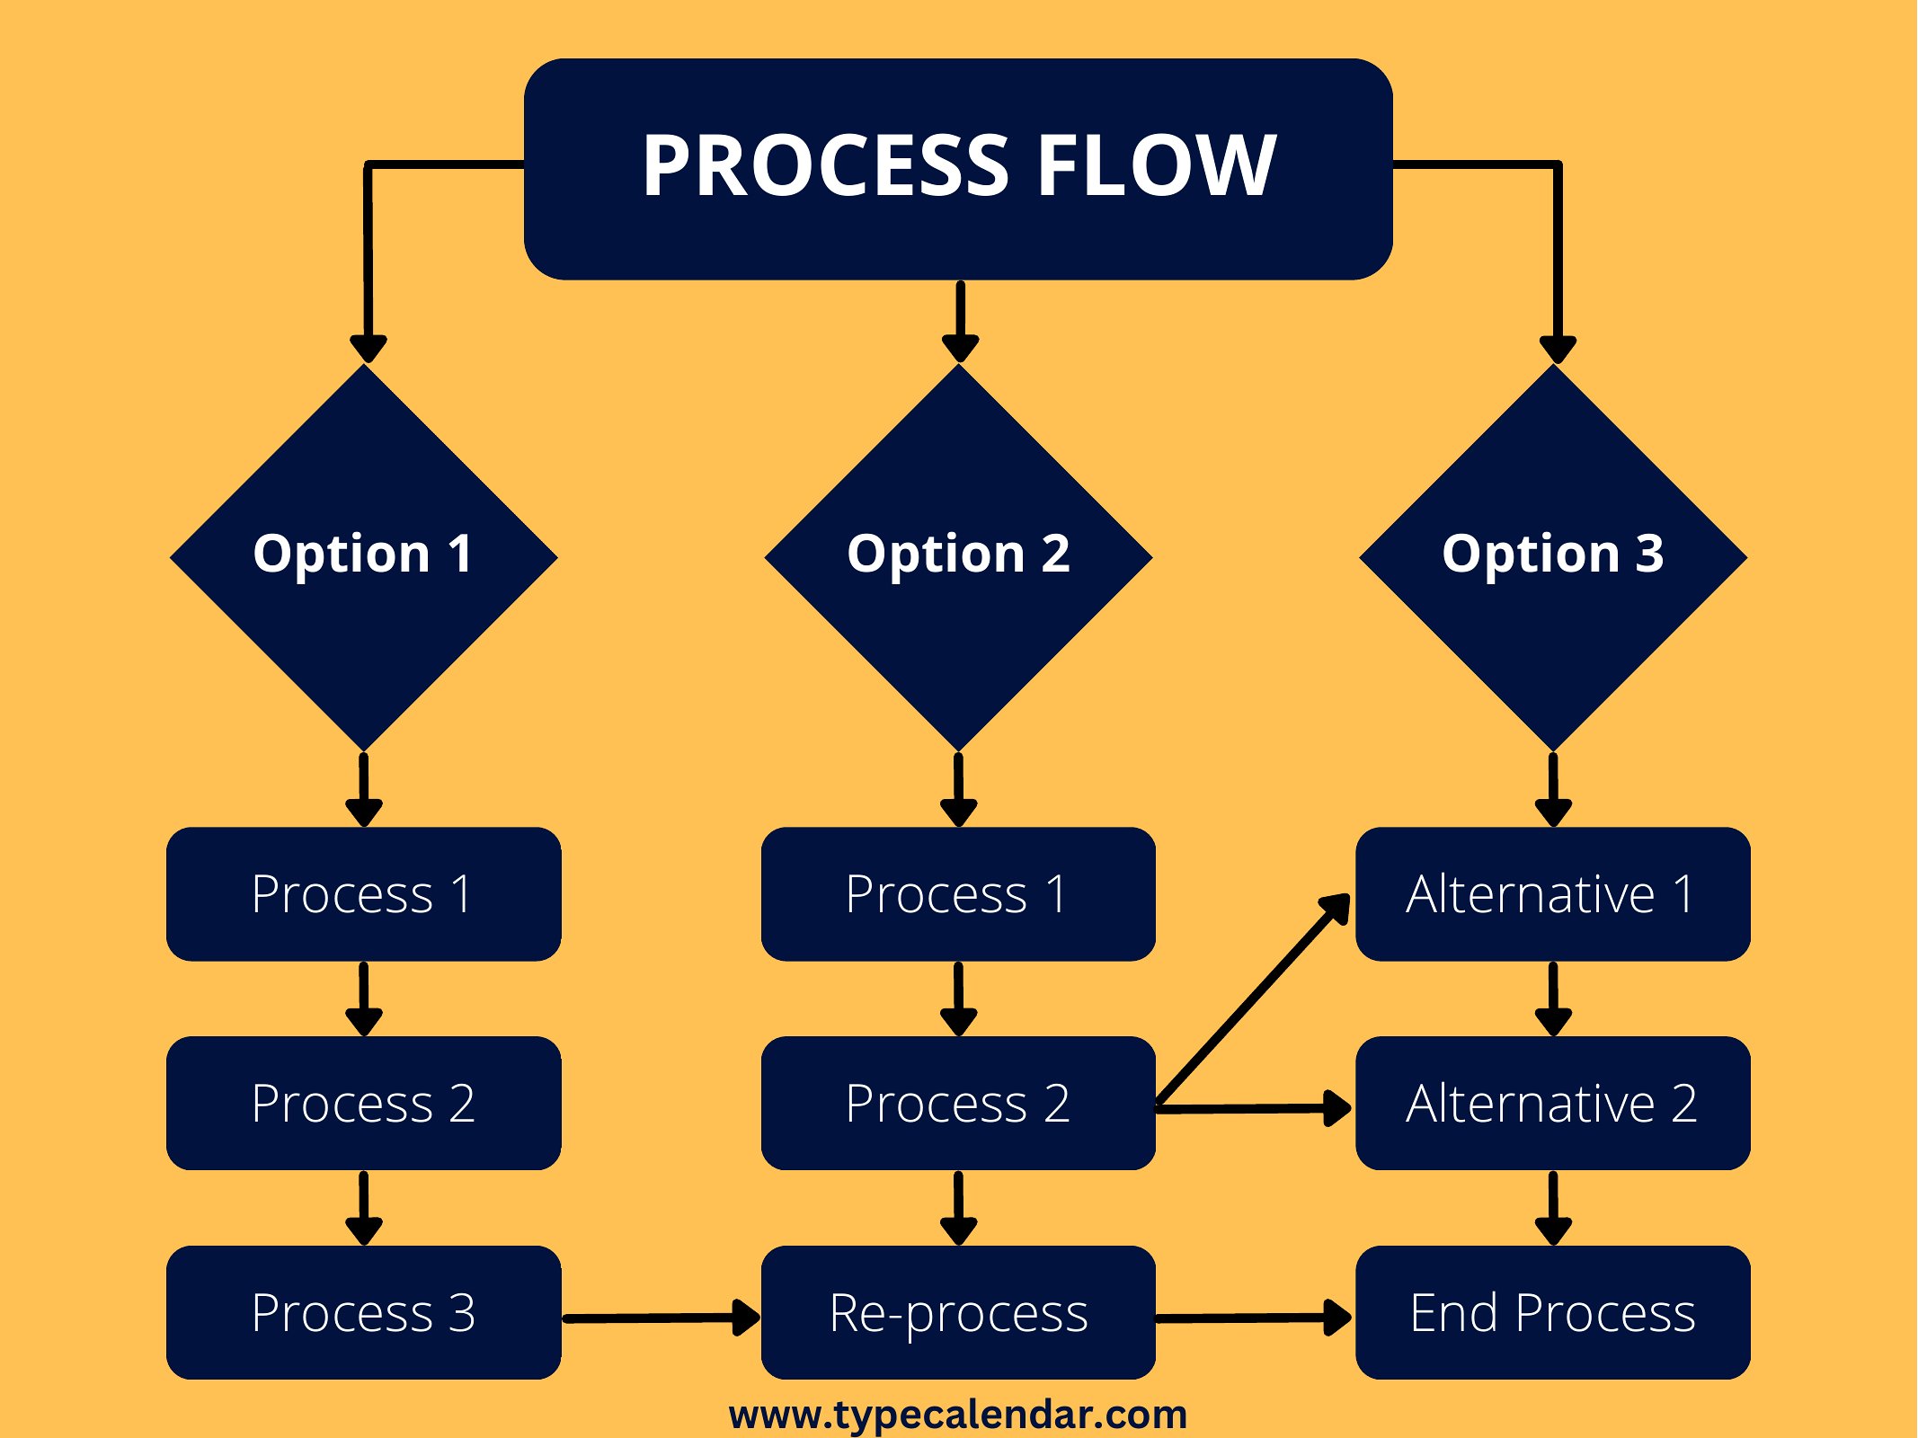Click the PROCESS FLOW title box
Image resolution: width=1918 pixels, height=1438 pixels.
tap(958, 169)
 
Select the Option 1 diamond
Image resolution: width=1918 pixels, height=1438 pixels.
tap(364, 557)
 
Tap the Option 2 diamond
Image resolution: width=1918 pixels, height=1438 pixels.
tap(959, 557)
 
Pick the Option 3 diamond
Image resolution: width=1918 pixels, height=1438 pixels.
tap(1553, 557)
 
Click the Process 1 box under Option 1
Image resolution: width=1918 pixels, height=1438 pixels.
tap(364, 894)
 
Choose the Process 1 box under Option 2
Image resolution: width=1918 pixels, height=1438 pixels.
tap(958, 894)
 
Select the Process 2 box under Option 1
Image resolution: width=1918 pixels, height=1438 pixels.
tap(364, 1103)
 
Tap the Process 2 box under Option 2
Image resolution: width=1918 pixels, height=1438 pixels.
tap(958, 1103)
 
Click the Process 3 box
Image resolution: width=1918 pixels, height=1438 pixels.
tap(364, 1312)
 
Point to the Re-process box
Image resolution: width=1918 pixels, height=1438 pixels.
tap(958, 1312)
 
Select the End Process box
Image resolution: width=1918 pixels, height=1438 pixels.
tap(1553, 1312)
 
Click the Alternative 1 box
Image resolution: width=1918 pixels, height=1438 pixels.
tap(1553, 894)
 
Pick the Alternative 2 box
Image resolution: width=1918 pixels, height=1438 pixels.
tap(1553, 1103)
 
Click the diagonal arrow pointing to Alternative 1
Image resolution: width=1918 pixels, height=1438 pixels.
tap(1253, 999)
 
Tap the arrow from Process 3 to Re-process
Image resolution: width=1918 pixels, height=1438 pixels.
tap(662, 1318)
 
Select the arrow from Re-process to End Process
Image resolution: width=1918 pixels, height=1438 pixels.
tap(1255, 1318)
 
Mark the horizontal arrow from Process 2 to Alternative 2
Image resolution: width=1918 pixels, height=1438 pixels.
tap(1255, 1109)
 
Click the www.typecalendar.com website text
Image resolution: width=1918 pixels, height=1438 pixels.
tap(958, 1415)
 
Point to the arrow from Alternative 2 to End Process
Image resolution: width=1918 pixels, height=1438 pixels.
tap(1553, 1208)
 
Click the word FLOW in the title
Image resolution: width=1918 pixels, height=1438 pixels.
tap(1157, 165)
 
